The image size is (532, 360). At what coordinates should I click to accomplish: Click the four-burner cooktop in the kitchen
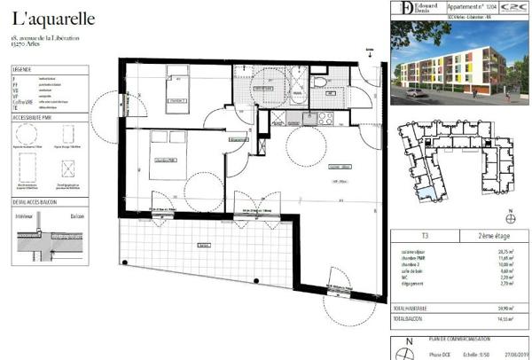click(325, 116)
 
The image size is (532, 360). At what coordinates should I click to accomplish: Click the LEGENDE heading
click(22, 67)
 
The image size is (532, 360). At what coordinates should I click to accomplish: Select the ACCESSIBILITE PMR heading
click(34, 116)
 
